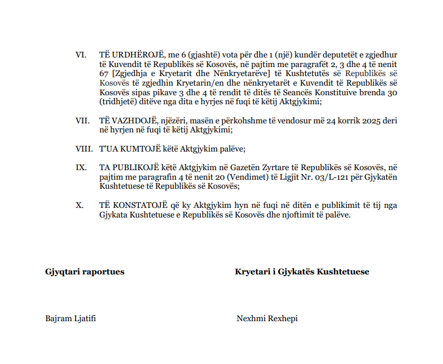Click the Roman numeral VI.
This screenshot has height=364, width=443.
pyautogui.click(x=81, y=55)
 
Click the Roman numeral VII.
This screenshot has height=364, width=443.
pyautogui.click(x=82, y=121)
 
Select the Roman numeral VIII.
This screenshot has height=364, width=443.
pyautogui.click(x=83, y=149)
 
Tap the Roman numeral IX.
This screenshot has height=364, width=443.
pyautogui.click(x=81, y=168)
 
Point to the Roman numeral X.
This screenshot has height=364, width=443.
pyautogui.click(x=80, y=205)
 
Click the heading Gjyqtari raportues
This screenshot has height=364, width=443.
pyautogui.click(x=85, y=272)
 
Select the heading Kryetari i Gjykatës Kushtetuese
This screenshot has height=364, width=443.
pyautogui.click(x=302, y=272)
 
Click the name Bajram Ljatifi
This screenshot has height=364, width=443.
pyautogui.click(x=71, y=318)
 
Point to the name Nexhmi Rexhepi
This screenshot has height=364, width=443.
pyautogui.click(x=267, y=318)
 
